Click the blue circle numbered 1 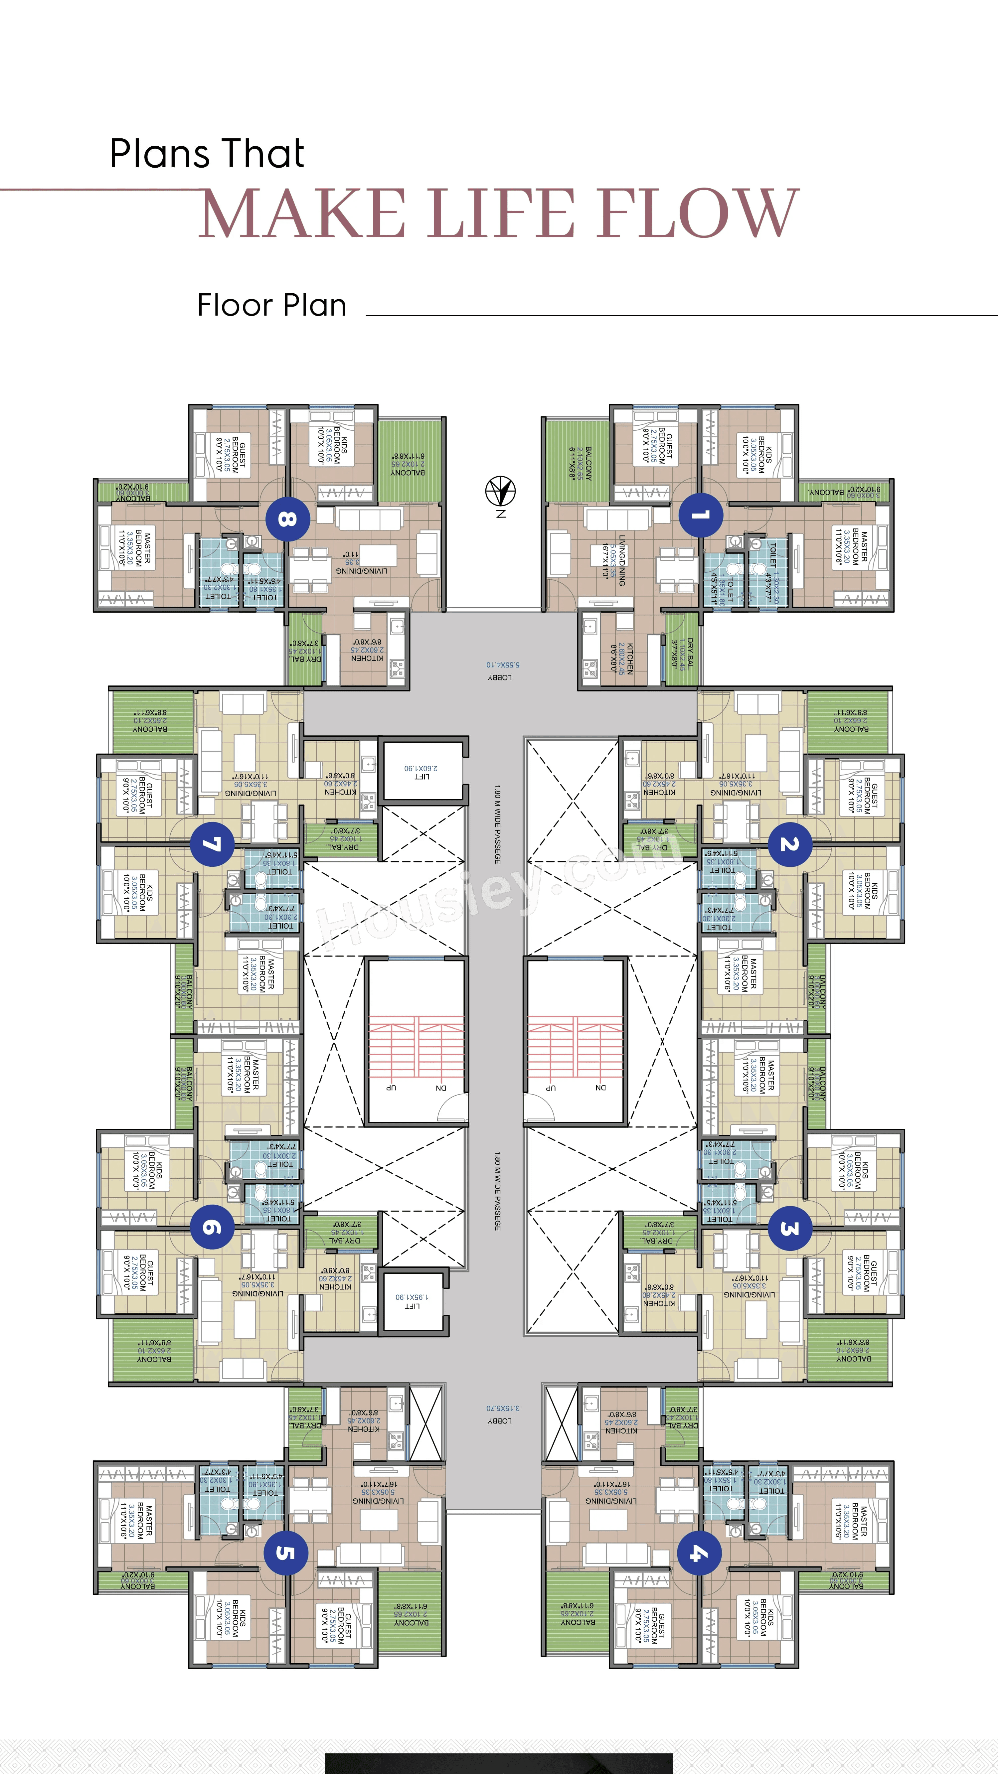pyautogui.click(x=701, y=515)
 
